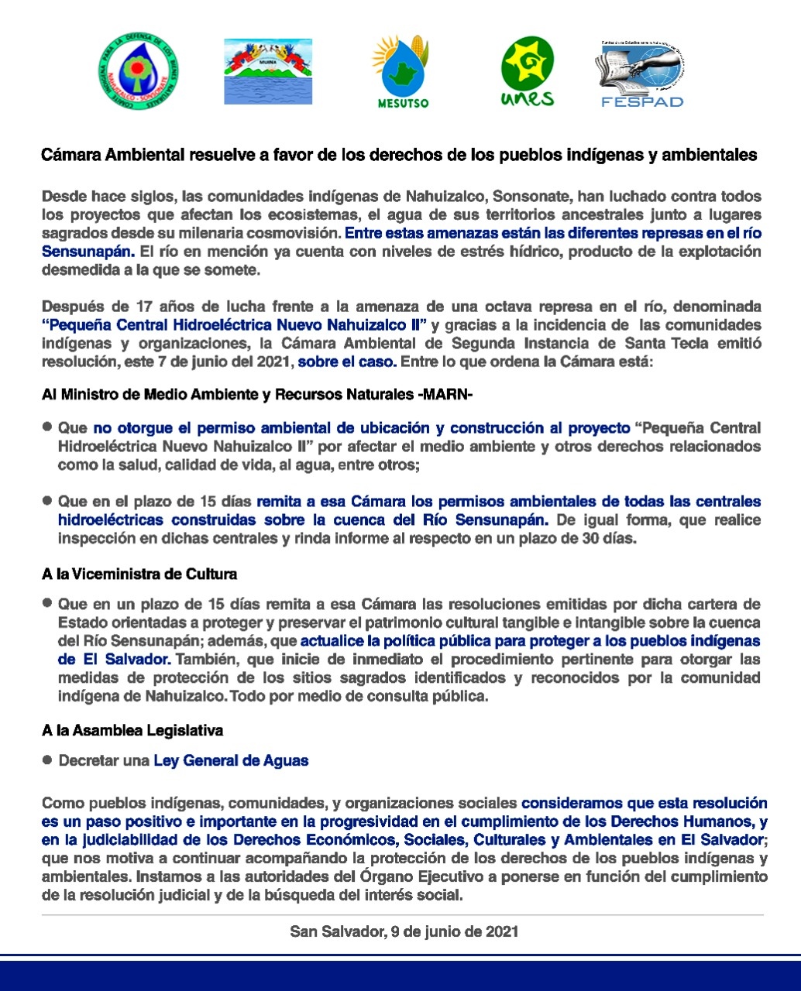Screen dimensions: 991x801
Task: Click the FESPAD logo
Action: [x=639, y=75]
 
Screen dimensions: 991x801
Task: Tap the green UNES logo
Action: [x=528, y=72]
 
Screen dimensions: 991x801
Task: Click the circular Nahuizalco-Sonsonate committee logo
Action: [x=139, y=72]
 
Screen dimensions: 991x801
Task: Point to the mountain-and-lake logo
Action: [x=268, y=71]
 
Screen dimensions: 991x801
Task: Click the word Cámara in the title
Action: [x=66, y=155]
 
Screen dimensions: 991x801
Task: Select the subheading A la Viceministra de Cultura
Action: [x=139, y=574]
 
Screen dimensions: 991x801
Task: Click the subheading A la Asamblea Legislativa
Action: [x=132, y=731]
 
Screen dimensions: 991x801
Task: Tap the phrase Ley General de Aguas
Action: [x=231, y=761]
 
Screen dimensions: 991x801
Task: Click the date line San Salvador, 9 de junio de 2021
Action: [x=404, y=931]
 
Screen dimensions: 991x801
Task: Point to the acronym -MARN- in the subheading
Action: [x=445, y=395]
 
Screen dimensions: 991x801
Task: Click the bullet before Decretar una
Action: [x=47, y=760]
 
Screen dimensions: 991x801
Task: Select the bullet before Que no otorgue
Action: [x=47, y=427]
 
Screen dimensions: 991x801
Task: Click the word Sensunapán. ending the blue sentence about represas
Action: [x=88, y=252]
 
